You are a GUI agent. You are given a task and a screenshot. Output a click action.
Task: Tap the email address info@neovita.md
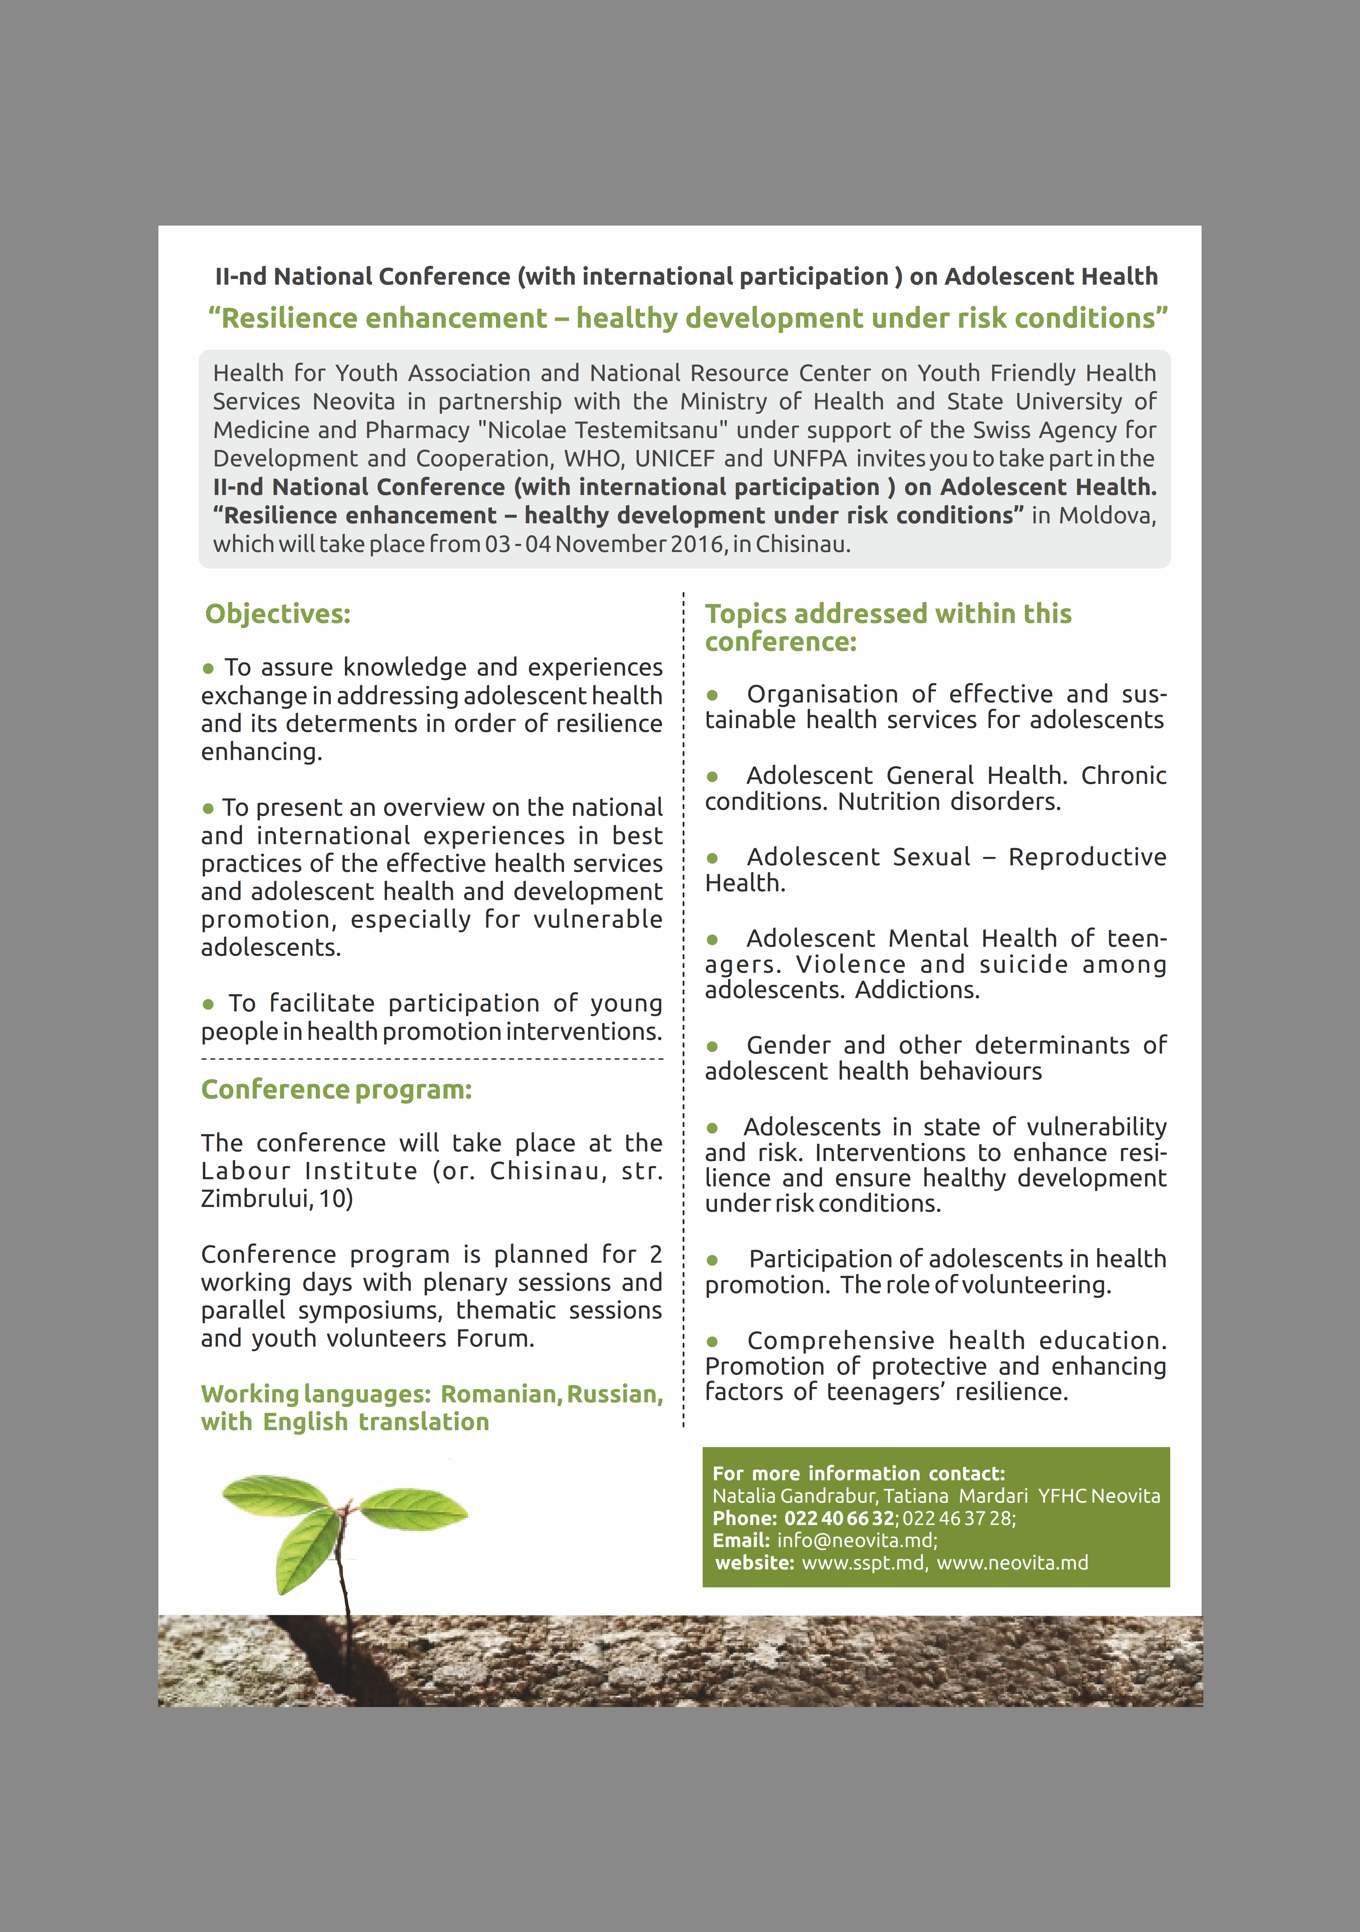tap(856, 1541)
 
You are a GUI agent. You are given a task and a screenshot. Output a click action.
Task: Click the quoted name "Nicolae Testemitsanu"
tap(603, 430)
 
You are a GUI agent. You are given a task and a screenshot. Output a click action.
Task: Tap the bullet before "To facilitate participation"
tap(208, 1004)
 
